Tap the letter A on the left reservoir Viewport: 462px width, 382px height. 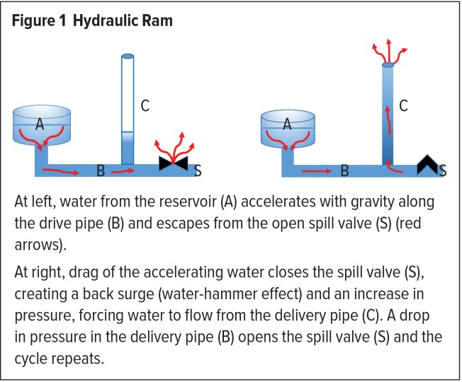(x=40, y=124)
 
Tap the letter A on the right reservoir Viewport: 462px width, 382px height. (x=287, y=124)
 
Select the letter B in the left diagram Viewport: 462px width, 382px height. (x=101, y=170)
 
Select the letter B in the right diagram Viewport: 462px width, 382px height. (x=345, y=170)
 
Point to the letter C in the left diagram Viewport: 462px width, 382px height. (x=145, y=106)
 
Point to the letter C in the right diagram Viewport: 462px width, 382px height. (x=403, y=106)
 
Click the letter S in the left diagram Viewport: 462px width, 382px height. (x=197, y=170)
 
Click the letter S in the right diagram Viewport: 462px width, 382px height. (x=443, y=170)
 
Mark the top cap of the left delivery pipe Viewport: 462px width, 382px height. (x=127, y=56)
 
